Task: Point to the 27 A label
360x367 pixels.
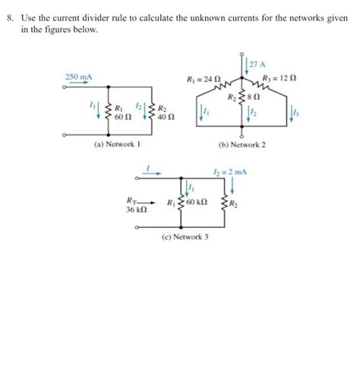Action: pos(256,63)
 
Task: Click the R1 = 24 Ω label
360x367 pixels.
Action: pos(203,79)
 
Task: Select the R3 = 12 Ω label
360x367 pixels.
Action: pos(279,79)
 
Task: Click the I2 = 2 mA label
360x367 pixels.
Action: pos(232,172)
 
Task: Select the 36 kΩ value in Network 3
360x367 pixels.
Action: pos(137,210)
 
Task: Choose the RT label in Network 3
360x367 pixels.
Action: pos(132,201)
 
